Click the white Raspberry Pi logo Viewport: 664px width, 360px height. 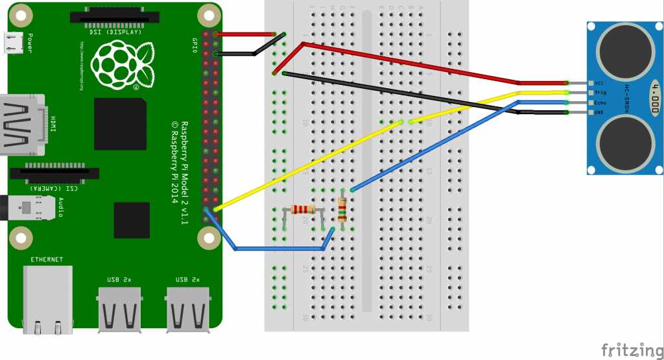coord(123,65)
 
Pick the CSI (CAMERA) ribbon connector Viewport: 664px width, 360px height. coord(55,174)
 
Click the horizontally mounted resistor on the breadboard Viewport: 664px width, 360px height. coord(303,209)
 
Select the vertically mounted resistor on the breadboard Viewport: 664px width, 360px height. coord(342,210)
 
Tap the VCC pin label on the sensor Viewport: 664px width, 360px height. coord(599,84)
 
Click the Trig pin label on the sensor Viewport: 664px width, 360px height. coord(599,93)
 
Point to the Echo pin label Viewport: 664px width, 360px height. coord(599,102)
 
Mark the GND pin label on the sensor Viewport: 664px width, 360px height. coord(599,112)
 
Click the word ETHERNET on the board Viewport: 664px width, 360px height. coord(47,259)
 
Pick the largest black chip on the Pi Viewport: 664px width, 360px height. coord(120,124)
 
